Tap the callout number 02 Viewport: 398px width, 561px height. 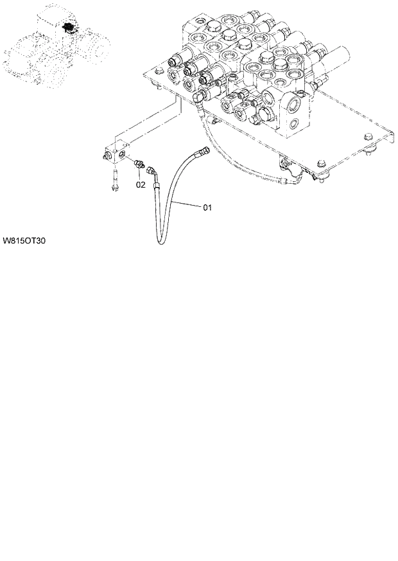pos(141,184)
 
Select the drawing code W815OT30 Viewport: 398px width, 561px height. pos(24,242)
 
